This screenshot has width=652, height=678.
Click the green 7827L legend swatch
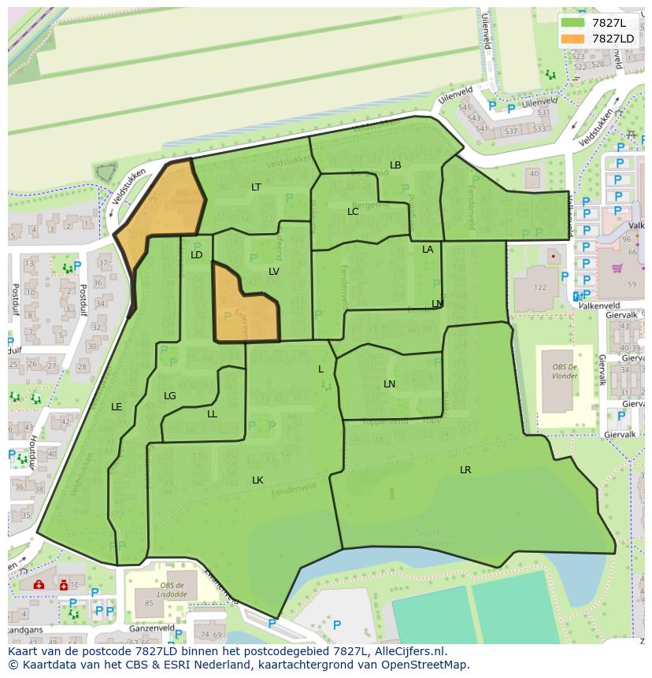572,23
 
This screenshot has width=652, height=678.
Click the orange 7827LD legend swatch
572,38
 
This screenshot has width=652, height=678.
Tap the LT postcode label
256,187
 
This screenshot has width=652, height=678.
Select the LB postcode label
395,165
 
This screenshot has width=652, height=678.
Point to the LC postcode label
353,212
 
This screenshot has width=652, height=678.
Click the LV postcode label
274,272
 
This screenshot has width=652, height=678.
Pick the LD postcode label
197,255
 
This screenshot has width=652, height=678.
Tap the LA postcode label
428,250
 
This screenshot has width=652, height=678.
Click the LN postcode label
389,384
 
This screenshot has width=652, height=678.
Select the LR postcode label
465,470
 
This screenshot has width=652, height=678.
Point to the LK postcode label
257,480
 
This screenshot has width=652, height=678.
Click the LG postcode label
169,396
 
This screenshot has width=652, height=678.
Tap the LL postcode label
212,414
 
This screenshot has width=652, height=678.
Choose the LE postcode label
117,407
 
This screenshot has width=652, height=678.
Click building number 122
540,287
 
